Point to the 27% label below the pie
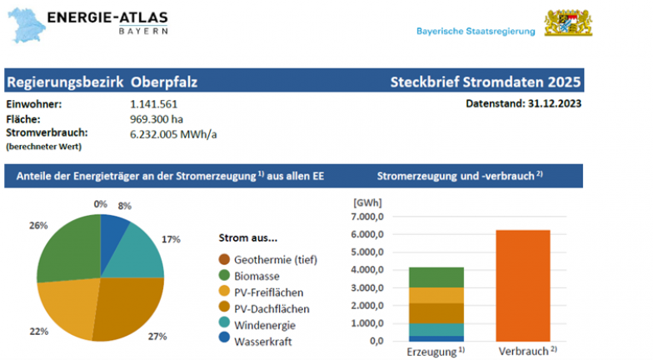[158, 337]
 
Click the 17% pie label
[171, 239]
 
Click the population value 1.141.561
[154, 105]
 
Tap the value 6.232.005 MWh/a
[174, 134]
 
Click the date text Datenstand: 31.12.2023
[523, 104]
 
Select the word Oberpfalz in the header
[164, 82]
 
